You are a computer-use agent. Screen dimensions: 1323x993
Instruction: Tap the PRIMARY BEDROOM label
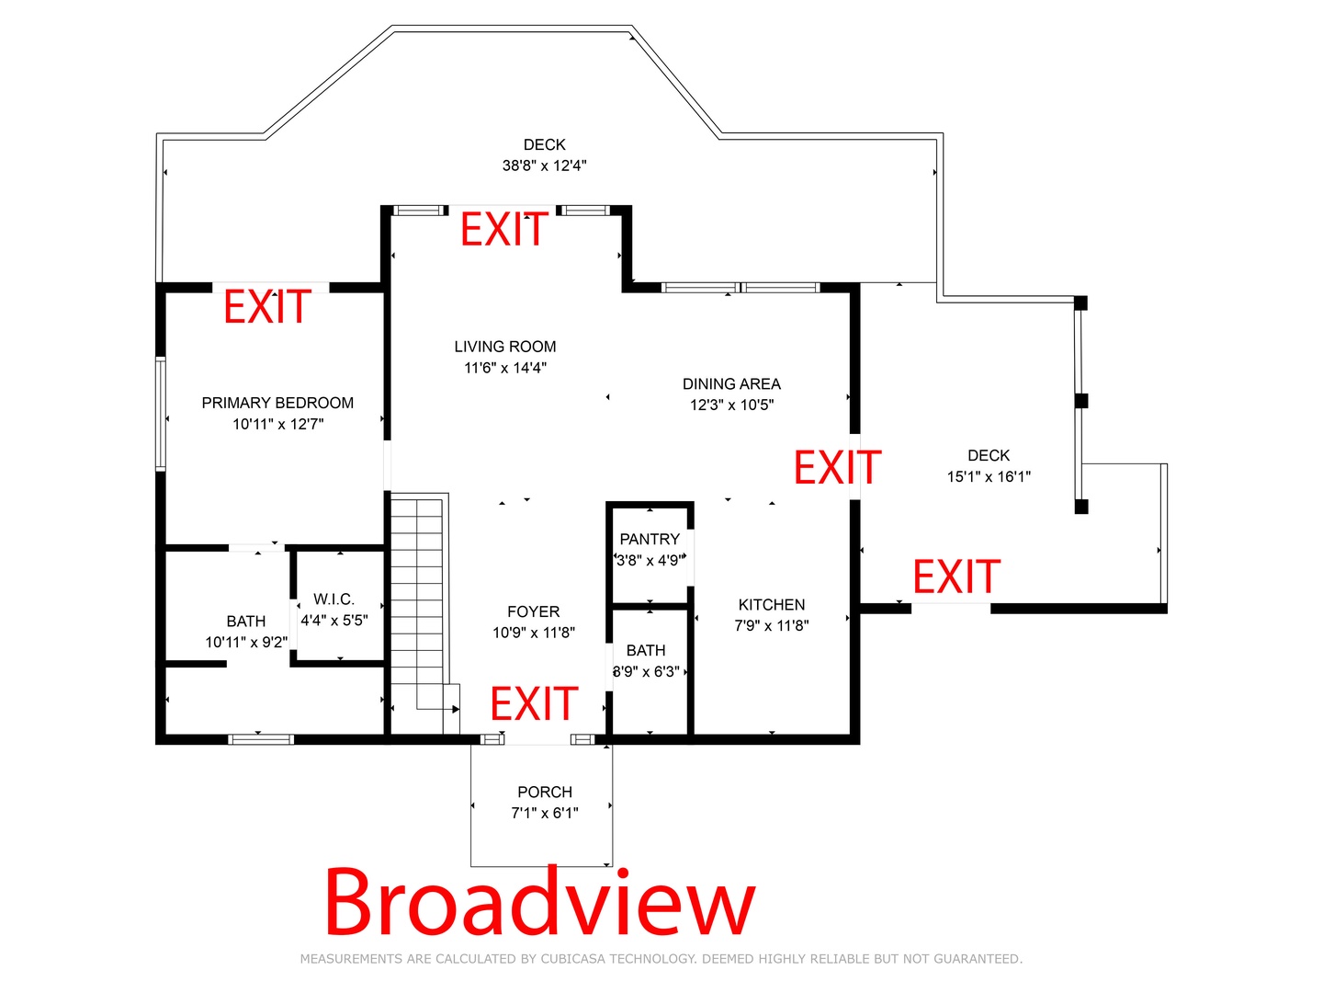[277, 403]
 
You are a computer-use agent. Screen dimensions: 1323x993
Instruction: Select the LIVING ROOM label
[505, 347]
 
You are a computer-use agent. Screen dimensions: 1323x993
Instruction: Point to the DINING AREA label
[731, 384]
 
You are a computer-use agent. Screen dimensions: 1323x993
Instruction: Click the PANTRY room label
[650, 539]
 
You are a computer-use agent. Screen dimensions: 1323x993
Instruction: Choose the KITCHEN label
[772, 605]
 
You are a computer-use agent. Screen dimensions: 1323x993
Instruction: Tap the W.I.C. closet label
[334, 599]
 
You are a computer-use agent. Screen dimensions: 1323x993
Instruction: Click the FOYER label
[534, 612]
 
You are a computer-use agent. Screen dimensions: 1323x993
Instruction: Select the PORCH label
[545, 792]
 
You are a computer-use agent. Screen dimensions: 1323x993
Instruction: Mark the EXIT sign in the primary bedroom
[267, 306]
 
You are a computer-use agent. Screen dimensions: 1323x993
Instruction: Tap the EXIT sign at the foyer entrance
[534, 703]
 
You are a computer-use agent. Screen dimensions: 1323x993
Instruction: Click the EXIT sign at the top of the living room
[504, 229]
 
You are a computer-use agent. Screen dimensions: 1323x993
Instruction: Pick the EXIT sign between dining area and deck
[838, 467]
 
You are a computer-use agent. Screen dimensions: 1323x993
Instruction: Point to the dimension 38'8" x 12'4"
[544, 165]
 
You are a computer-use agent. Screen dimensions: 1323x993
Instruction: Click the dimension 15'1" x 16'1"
[989, 477]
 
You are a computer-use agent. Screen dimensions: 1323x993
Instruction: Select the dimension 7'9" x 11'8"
[772, 626]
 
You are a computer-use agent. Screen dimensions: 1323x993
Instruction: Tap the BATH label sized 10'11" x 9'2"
[246, 622]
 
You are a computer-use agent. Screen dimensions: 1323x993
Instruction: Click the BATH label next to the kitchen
[646, 651]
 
